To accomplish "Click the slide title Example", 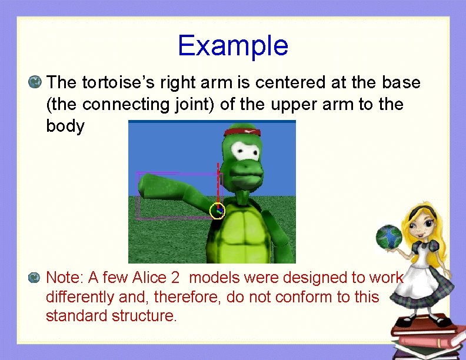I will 232,46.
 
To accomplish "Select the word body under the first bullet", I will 65,126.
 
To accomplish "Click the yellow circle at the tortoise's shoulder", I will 217,210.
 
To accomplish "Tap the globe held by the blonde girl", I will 388,237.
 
